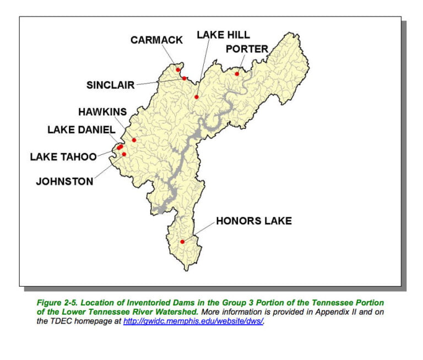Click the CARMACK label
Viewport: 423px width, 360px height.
point(156,40)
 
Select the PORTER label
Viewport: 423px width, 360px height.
point(247,49)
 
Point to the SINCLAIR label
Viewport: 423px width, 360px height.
point(111,85)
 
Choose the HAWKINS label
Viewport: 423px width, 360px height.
point(102,111)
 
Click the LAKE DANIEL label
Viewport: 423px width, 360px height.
point(81,130)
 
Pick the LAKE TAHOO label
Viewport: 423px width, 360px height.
point(63,157)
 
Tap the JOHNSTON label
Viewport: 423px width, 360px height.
point(64,181)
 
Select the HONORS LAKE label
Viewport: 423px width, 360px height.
point(254,221)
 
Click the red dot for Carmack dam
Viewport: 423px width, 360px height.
point(178,70)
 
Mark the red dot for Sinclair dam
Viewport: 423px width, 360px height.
point(184,78)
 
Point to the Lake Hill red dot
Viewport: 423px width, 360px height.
point(196,97)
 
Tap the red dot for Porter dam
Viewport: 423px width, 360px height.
point(237,74)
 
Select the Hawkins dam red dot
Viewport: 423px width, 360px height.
point(134,140)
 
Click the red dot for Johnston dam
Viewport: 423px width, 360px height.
point(124,154)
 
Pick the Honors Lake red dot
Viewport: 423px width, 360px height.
point(182,241)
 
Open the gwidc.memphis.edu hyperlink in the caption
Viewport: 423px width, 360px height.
point(193,321)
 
